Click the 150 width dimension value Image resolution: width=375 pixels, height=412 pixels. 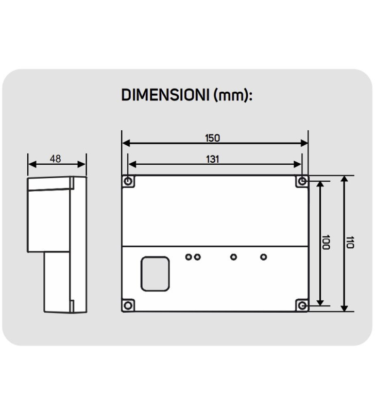point(212,138)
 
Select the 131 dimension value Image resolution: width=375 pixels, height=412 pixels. point(212,159)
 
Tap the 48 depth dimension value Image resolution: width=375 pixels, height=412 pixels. point(56,159)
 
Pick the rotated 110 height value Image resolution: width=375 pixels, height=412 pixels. point(350,243)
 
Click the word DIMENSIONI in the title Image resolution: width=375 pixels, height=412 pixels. point(165,96)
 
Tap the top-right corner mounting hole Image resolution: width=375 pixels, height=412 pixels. point(302,181)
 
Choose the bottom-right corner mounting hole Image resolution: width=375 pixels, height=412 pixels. point(302,305)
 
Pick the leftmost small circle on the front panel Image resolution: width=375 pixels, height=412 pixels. point(189,256)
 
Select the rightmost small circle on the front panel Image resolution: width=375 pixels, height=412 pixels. point(264,256)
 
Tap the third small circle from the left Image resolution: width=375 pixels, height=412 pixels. point(233,256)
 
